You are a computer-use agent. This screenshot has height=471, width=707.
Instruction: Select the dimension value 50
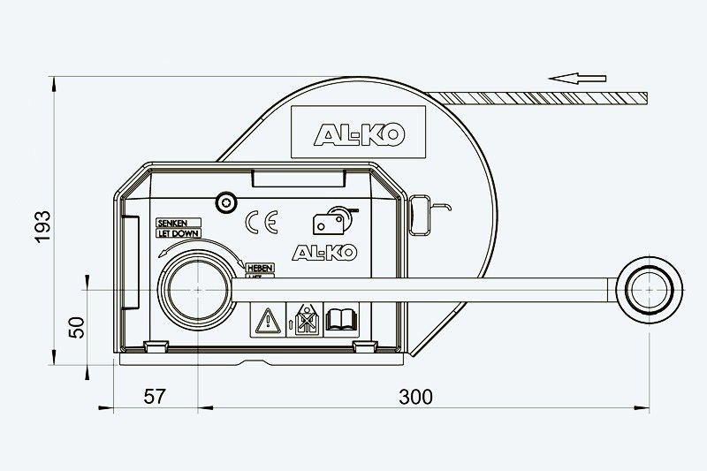(77, 326)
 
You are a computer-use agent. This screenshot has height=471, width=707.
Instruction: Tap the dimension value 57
(155, 396)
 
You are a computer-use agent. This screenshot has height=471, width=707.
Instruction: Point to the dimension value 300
(414, 396)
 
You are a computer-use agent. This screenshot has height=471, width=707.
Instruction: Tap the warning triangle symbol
(265, 319)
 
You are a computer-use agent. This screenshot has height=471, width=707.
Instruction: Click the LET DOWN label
(176, 232)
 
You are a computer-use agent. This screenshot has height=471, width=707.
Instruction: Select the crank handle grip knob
(650, 288)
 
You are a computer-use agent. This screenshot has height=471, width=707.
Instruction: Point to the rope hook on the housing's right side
(422, 211)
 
